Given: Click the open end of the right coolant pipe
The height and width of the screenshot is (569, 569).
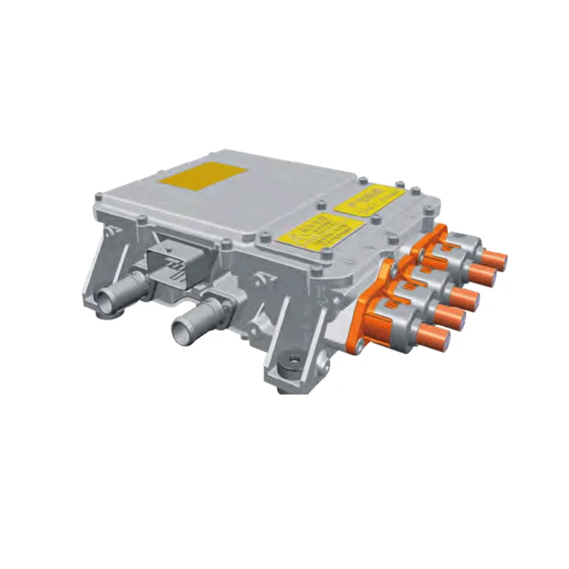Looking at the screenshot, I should click(x=183, y=332).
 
